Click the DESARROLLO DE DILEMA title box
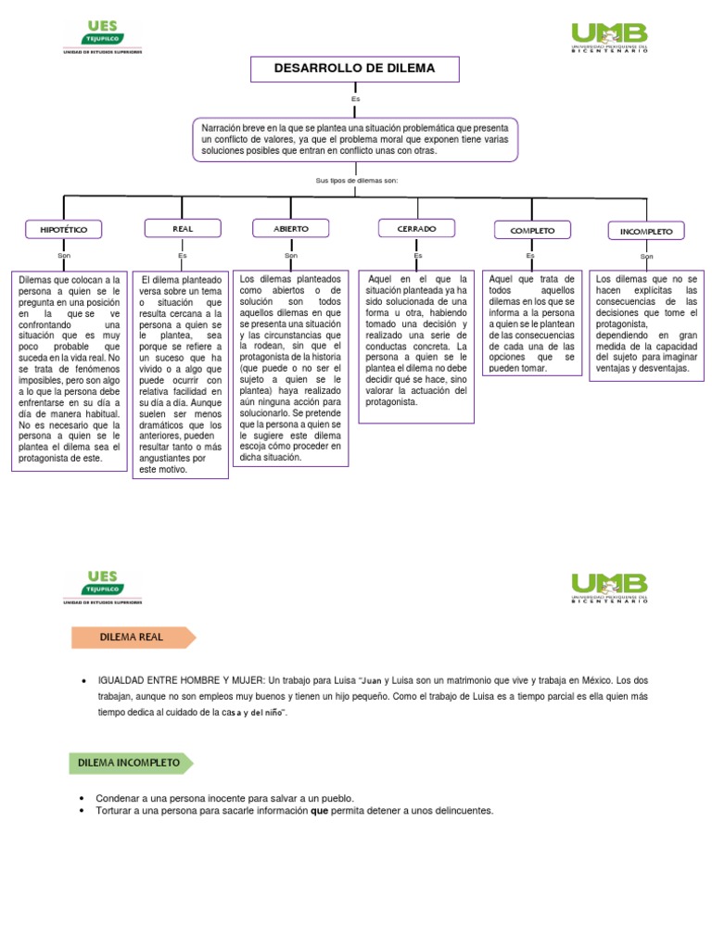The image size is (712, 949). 355,69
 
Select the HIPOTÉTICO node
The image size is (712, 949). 64,230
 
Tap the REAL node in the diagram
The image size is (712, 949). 183,229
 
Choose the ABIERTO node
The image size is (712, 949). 290,228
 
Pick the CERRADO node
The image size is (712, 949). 416,228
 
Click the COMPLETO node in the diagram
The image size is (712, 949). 532,230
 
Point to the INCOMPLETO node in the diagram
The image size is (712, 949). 646,231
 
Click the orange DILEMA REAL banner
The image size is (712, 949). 133,638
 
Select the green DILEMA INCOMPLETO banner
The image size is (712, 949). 131,764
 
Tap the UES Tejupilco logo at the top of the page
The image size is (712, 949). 103,37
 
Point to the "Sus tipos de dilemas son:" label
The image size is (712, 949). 357,181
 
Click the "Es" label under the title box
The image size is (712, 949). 355,98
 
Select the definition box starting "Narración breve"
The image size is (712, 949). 355,140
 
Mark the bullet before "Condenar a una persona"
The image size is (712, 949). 82,798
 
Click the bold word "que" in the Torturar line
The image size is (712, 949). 319,810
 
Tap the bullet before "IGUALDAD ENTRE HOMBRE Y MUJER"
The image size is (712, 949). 84,681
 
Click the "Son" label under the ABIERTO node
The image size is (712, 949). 291,256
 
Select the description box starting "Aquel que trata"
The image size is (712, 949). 532,323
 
